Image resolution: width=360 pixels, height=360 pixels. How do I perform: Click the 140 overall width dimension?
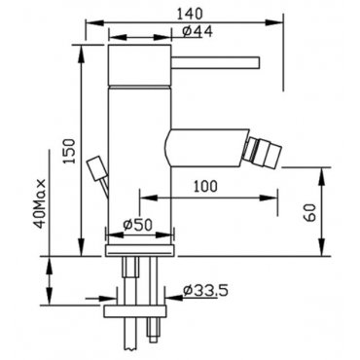tap(190, 14)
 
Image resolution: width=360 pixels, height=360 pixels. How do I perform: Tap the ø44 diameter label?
tap(198, 31)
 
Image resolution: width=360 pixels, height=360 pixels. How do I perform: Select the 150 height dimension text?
tap(69, 151)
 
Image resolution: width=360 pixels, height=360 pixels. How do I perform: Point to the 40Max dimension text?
tap(41, 203)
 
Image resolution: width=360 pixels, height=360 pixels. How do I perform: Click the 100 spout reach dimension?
tap(205, 186)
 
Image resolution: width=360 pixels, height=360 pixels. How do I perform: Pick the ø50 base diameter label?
tap(137, 224)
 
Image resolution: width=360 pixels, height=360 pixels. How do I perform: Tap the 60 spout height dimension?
tap(309, 212)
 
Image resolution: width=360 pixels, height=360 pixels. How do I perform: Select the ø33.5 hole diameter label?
tap(205, 290)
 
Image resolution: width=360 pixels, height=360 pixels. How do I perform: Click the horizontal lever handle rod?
tap(215, 62)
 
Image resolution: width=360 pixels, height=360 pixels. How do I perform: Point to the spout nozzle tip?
tap(263, 152)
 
